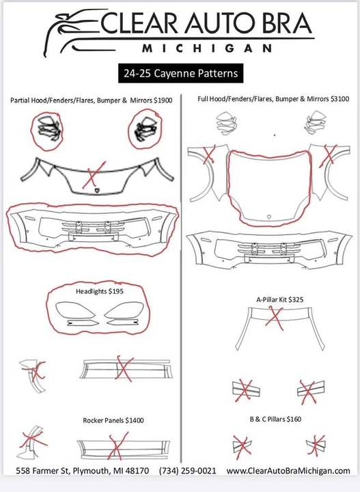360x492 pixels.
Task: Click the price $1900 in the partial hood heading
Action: click(163, 100)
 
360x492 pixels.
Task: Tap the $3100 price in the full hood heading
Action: click(340, 98)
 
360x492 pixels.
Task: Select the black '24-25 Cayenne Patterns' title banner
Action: click(180, 73)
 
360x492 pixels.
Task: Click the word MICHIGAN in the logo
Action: click(207, 49)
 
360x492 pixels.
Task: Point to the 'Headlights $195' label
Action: click(100, 291)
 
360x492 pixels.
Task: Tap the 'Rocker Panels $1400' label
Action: click(113, 420)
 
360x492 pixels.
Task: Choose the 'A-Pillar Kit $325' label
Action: click(279, 299)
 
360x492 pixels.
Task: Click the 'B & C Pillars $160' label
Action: click(275, 419)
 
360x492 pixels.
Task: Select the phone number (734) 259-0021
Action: click(188, 471)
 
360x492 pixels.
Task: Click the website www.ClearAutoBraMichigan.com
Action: click(288, 471)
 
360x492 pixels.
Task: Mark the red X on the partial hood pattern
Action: click(94, 175)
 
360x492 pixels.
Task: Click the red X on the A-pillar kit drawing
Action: click(275, 318)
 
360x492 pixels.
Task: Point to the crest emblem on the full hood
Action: click(269, 217)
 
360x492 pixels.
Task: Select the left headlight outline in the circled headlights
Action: click(75, 310)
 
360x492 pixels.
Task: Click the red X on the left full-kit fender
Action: click(209, 154)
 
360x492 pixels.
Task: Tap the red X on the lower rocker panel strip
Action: click(118, 446)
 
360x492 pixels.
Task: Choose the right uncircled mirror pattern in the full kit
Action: click(315, 123)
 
